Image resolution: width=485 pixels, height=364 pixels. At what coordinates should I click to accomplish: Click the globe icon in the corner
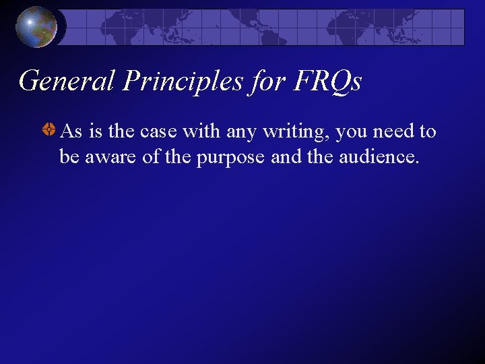tap(36, 27)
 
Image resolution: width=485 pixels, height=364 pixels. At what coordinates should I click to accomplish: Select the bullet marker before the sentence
tap(49, 131)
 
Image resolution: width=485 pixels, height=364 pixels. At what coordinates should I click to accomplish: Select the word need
tap(393, 131)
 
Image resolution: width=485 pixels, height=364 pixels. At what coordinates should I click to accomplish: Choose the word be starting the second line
tap(68, 157)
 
